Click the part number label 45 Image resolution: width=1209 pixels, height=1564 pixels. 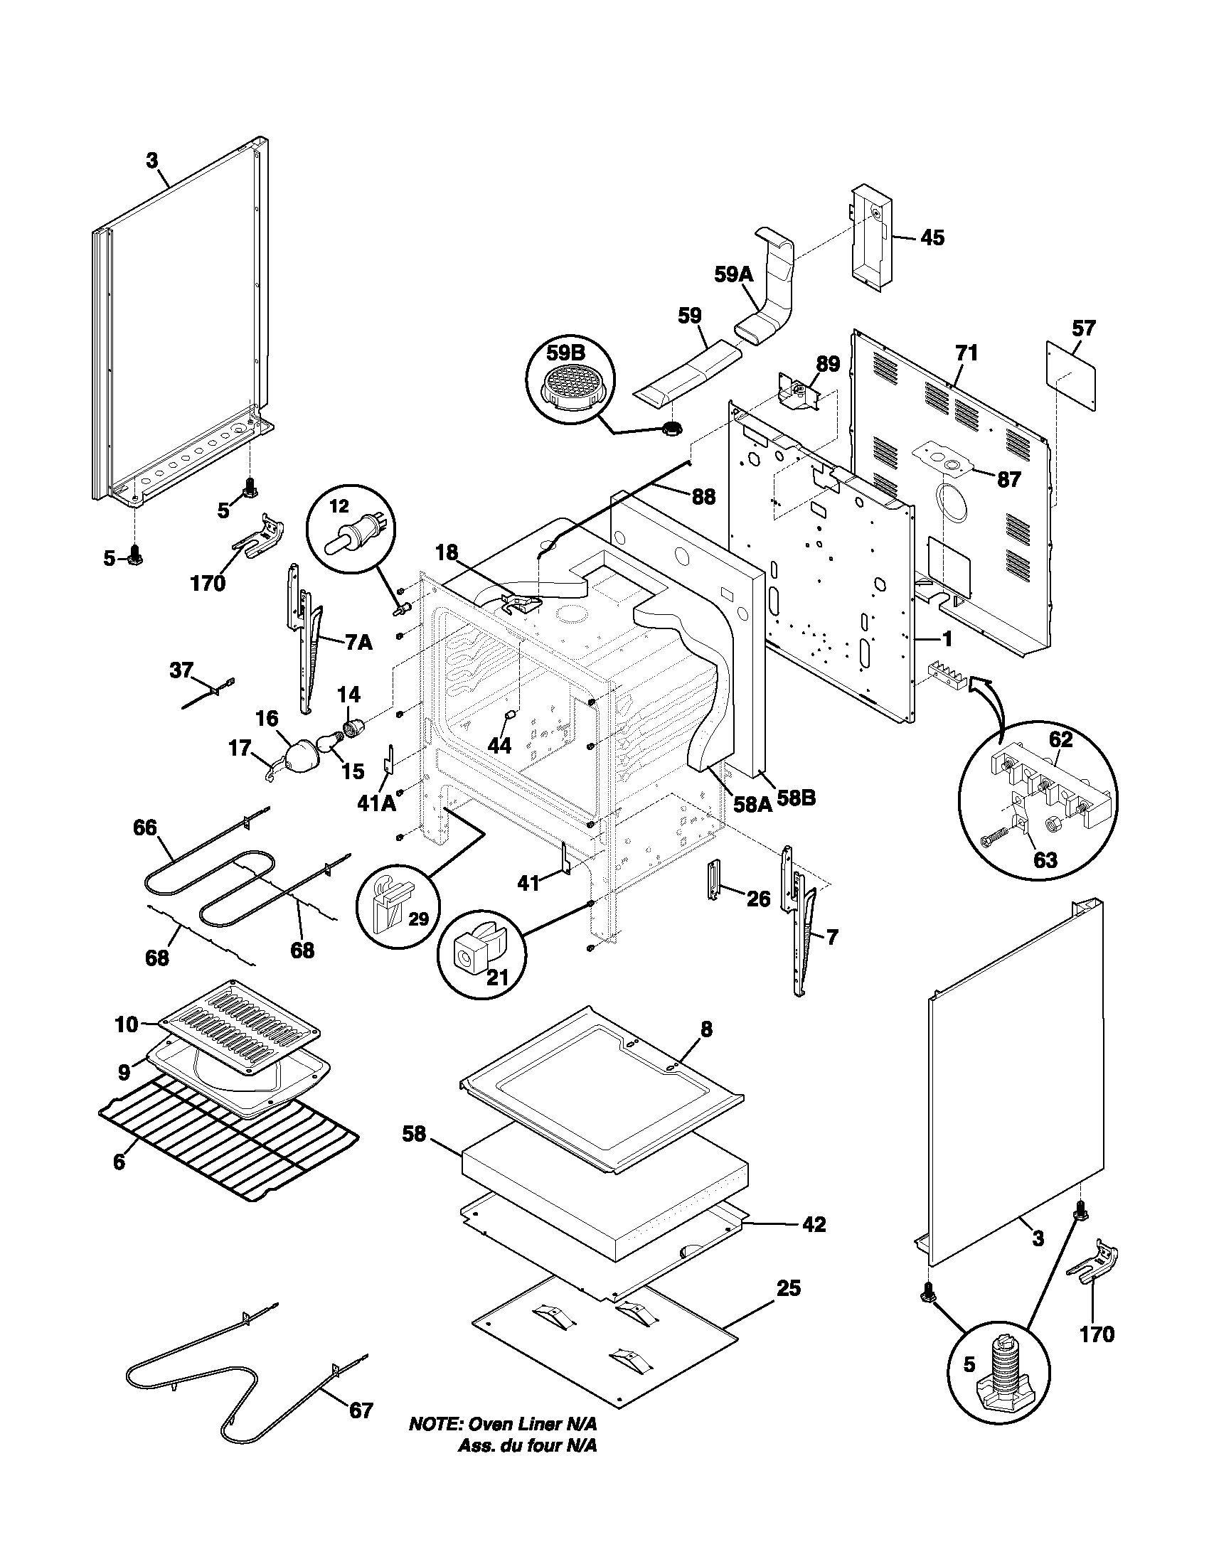pos(932,237)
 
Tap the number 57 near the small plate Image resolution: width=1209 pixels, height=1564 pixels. pos(1084,328)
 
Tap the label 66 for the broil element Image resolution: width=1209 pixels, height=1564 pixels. pos(144,827)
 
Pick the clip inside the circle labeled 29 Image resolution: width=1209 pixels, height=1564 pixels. pos(392,903)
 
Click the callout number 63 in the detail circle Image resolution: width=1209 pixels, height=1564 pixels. pos(1045,859)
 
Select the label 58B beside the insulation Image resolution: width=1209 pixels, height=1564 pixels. pos(797,797)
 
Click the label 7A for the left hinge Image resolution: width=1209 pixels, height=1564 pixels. pos(358,643)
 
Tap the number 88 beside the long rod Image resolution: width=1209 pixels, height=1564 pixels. pos(703,496)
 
